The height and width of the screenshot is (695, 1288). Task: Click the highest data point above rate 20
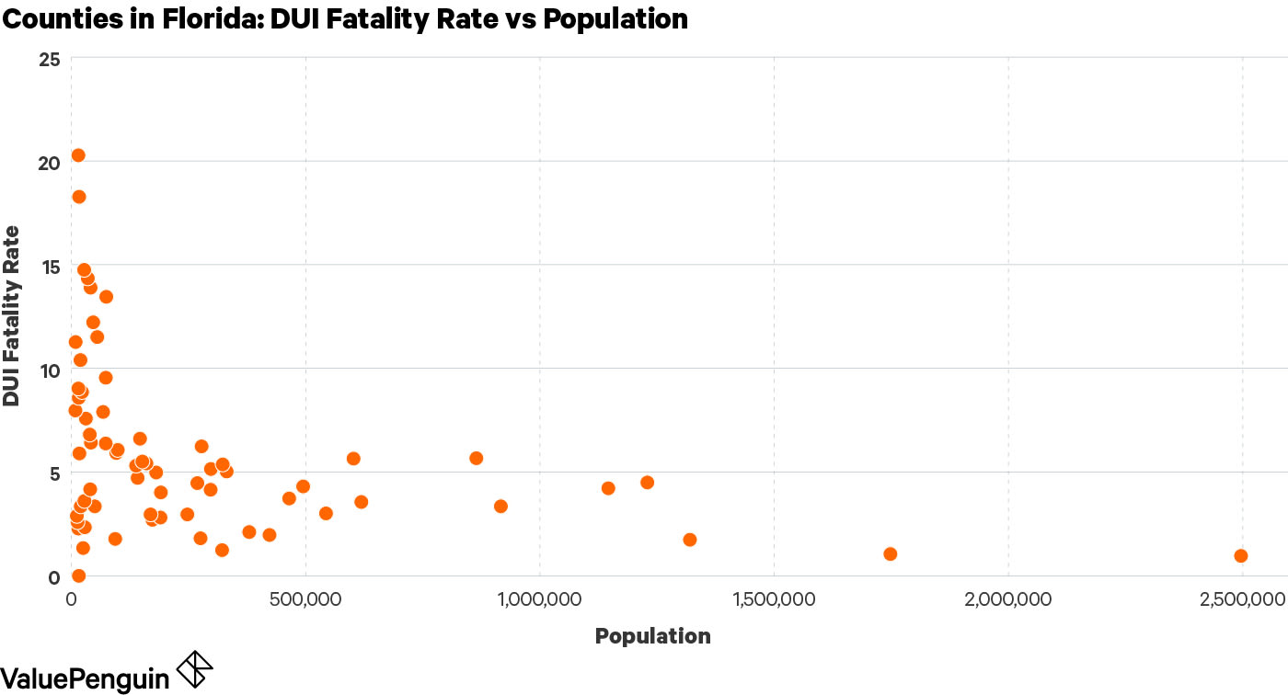coord(78,155)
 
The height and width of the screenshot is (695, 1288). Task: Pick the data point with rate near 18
coord(79,197)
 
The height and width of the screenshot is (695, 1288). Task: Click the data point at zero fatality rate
coord(79,575)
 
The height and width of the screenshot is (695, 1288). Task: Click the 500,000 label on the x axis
coord(305,599)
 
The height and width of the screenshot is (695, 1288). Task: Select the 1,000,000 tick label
coord(539,599)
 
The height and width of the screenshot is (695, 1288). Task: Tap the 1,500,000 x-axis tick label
coord(774,599)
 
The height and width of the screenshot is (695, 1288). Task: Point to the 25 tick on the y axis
coord(51,60)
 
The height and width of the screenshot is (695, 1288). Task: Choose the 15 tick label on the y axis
coord(51,267)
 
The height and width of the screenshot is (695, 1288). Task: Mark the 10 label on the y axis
coord(51,370)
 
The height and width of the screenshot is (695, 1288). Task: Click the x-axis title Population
coord(652,636)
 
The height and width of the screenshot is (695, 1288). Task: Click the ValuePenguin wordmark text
coord(85,678)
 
